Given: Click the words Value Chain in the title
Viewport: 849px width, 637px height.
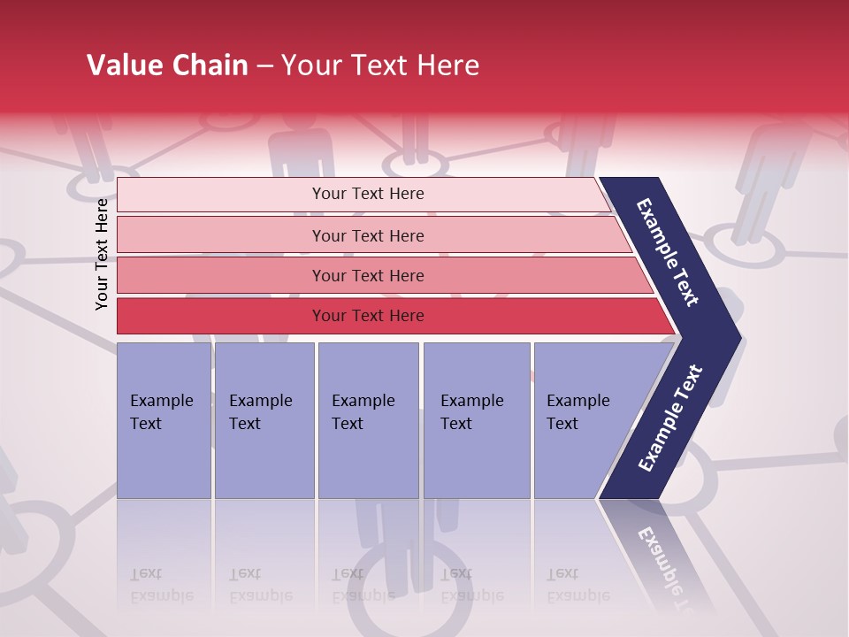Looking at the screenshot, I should [x=167, y=65].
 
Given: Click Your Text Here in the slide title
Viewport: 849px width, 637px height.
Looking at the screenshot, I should [x=380, y=65].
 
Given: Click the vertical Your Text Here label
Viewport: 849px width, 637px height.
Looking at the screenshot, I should [x=102, y=254].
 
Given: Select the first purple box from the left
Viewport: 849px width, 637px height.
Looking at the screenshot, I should [x=164, y=420].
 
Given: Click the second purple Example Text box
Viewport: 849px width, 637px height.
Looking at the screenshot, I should [x=264, y=420].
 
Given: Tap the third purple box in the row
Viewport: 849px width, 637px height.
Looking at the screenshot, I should [x=368, y=420].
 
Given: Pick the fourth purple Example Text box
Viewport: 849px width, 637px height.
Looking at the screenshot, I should [x=477, y=420].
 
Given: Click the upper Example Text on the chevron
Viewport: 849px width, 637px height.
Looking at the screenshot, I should [x=668, y=252].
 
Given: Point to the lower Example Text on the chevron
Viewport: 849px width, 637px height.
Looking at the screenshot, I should [x=669, y=418].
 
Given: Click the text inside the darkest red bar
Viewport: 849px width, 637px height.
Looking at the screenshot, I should [x=368, y=316].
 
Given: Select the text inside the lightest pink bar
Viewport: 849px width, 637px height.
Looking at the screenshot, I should [x=368, y=194].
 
